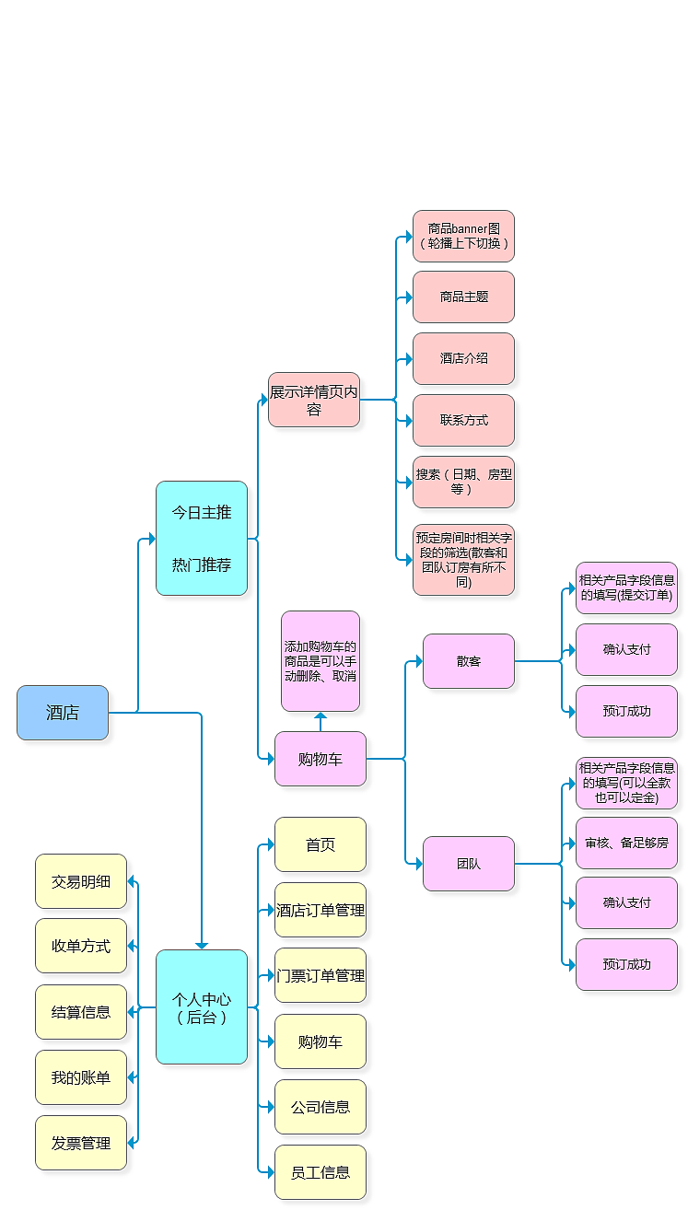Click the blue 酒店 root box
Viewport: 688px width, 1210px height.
(x=63, y=713)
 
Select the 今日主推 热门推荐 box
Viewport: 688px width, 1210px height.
(x=202, y=538)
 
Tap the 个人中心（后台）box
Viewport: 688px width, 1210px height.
(x=202, y=1006)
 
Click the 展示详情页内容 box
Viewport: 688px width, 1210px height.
(x=314, y=400)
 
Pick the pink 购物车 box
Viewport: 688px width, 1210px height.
(x=321, y=759)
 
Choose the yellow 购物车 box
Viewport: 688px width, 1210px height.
(x=321, y=1041)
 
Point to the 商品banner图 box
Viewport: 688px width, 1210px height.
(x=463, y=236)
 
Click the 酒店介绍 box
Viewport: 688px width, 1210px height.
(x=463, y=358)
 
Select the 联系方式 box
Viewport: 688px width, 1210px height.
(x=463, y=420)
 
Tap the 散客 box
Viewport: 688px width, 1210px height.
(x=469, y=661)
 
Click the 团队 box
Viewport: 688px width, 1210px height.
(x=469, y=864)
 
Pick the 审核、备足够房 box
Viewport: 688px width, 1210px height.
(x=626, y=843)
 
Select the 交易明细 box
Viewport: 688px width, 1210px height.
(x=81, y=881)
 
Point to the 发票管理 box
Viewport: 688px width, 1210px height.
(x=81, y=1143)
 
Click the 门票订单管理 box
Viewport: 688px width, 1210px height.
(x=321, y=975)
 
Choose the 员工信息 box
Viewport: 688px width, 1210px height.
(x=321, y=1172)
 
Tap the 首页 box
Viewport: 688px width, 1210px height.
(x=321, y=844)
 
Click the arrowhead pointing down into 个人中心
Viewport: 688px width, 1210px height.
(x=202, y=945)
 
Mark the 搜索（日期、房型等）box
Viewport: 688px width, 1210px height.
(x=463, y=482)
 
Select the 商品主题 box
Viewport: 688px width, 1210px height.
(x=463, y=297)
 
